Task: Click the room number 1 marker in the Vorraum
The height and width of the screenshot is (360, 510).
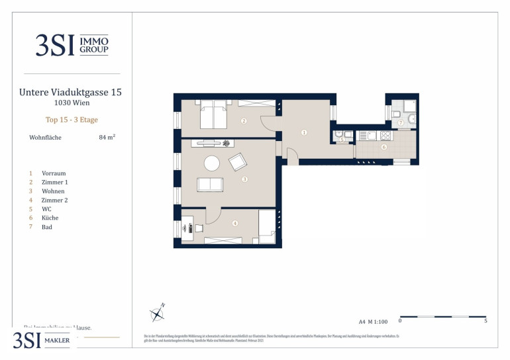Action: pyautogui.click(x=303, y=133)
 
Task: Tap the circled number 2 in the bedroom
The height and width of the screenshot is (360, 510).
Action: pyautogui.click(x=244, y=121)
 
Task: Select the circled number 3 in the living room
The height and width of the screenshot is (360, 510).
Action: pyautogui.click(x=244, y=179)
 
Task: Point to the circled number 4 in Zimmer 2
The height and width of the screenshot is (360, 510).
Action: pyautogui.click(x=234, y=222)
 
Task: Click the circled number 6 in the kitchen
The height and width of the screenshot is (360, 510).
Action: pyautogui.click(x=383, y=147)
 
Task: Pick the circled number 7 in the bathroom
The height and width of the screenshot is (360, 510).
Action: pyautogui.click(x=401, y=123)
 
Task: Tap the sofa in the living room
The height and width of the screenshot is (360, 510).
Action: pyautogui.click(x=210, y=185)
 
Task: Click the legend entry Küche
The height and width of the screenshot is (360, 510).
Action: pyautogui.click(x=50, y=218)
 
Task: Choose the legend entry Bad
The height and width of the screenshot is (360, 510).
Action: pyautogui.click(x=46, y=227)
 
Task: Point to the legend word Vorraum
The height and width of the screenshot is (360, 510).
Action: pyautogui.click(x=53, y=173)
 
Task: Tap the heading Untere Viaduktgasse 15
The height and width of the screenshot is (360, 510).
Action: pyautogui.click(x=71, y=93)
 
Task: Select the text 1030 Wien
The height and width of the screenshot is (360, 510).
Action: pyautogui.click(x=72, y=103)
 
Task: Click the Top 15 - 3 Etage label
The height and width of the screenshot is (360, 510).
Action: pyautogui.click(x=72, y=120)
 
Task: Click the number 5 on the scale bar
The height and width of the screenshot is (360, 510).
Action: pyautogui.click(x=486, y=322)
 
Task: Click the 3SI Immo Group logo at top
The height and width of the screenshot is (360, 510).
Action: pyautogui.click(x=72, y=45)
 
